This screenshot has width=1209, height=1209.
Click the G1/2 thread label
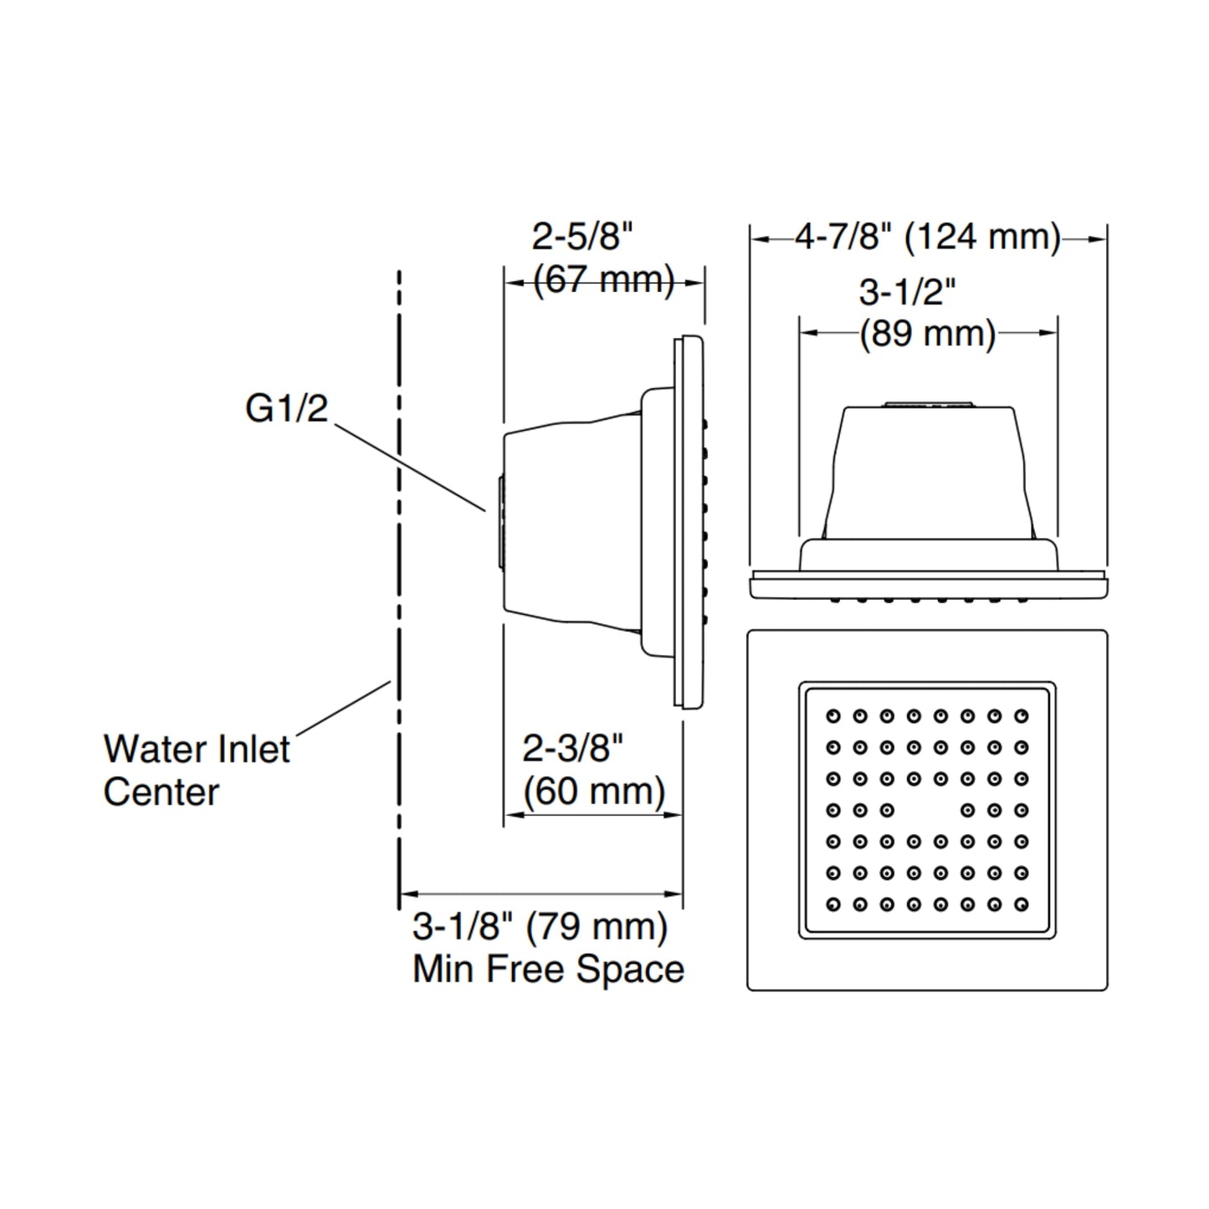pos(286,409)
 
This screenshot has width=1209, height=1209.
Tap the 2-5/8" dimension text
pos(583,237)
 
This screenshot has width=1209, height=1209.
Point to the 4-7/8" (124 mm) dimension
pos(928,238)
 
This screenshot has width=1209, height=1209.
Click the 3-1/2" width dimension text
pos(907,292)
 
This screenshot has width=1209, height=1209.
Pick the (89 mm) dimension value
pos(928,334)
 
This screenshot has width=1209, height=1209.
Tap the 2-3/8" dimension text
pos(573,749)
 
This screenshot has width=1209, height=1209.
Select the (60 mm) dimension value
pos(594,791)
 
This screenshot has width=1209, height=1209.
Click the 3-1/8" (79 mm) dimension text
pos(540,926)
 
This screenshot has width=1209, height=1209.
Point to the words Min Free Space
pos(548,970)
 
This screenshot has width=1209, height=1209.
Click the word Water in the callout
pos(156,749)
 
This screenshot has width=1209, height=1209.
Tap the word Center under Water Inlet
pos(161,791)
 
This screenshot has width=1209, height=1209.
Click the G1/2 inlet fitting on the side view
pos(500,523)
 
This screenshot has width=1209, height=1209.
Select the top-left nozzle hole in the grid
pos(833,716)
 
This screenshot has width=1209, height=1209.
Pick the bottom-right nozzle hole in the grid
pos(1022,904)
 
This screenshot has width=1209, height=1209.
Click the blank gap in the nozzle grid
pos(927,811)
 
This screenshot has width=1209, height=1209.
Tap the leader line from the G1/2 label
pos(410,468)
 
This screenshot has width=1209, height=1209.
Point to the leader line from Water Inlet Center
pos(344,708)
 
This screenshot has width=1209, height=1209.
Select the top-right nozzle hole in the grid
pos(1022,716)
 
